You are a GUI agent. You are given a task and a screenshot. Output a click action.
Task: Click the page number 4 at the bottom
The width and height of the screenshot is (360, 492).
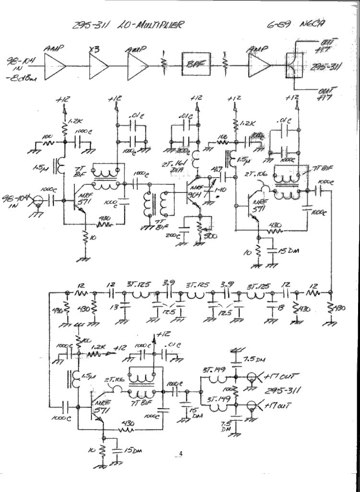181,454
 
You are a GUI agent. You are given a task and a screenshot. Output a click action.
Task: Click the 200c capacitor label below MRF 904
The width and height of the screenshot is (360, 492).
171,236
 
